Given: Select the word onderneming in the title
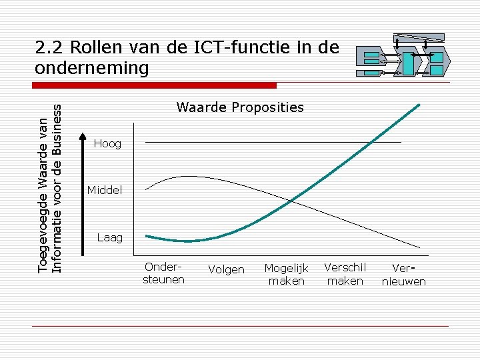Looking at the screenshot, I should pos(92,68).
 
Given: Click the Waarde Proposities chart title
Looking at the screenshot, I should pos(239,107).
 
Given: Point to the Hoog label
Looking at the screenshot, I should pos(107,143).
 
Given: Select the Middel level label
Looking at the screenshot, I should pos(105,191).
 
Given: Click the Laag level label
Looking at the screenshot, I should pos(109,237).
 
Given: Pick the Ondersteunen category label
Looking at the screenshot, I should pos(163,273).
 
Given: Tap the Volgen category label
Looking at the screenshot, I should pos(226,270).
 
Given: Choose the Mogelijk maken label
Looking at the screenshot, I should pos(286,275).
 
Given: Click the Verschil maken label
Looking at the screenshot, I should pos(345,274).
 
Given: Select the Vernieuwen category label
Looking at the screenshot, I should pos(403,275).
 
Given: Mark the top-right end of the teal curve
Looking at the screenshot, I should pos(419,105).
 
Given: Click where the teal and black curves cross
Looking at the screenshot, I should pos(292,200).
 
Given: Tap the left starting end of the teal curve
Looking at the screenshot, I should pos(147,236).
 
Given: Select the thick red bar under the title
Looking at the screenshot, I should pos(155,85).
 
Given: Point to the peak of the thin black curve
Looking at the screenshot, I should pos(188,177).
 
